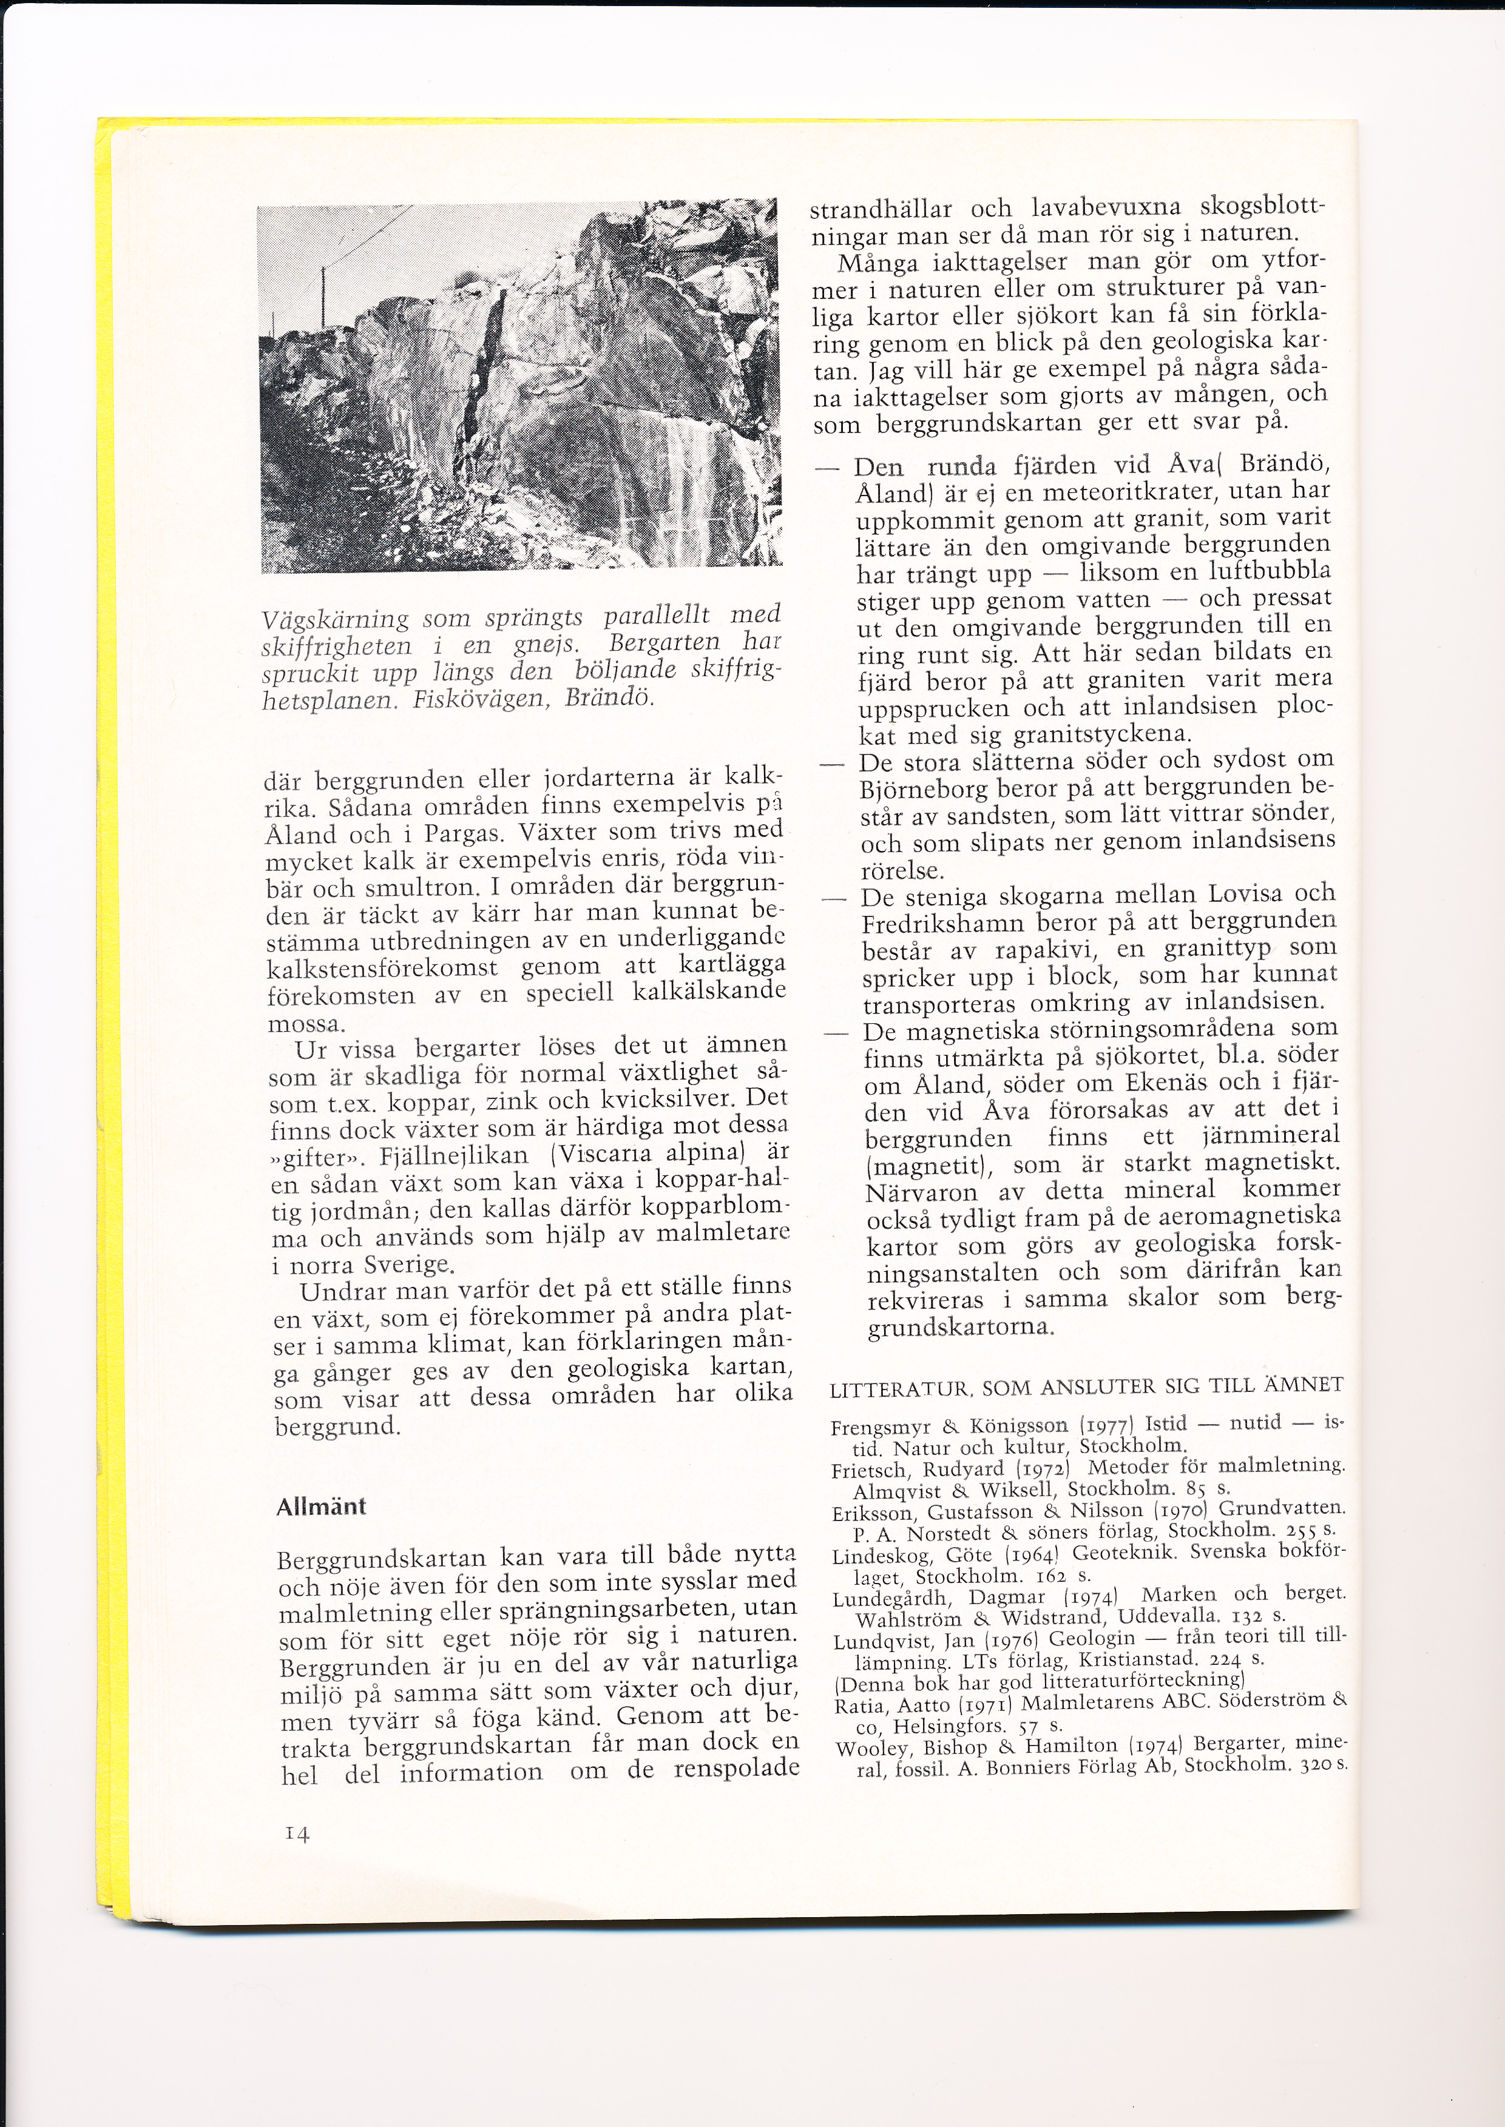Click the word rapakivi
click(x=1047, y=950)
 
